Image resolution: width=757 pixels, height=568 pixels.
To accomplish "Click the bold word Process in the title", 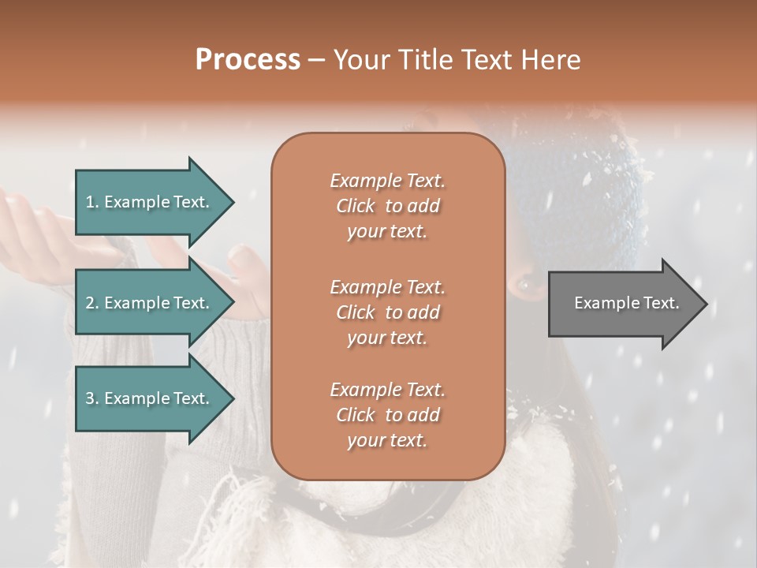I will pyautogui.click(x=248, y=60).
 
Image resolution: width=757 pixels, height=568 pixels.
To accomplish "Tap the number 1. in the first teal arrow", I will pyautogui.click(x=92, y=203).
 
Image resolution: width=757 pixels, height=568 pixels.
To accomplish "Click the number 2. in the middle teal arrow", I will pyautogui.click(x=92, y=303).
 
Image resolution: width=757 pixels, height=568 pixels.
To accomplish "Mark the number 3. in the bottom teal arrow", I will pyautogui.click(x=92, y=398).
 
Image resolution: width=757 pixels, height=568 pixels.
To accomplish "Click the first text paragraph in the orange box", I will pyautogui.click(x=387, y=206).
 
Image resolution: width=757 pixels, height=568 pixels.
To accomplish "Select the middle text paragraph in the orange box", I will pyautogui.click(x=387, y=312).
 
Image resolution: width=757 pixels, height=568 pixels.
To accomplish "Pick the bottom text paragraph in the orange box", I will pyautogui.click(x=387, y=415).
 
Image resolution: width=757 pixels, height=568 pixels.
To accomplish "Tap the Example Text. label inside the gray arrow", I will pyautogui.click(x=627, y=303).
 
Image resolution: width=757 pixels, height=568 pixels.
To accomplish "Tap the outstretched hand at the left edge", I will pyautogui.click(x=32, y=229).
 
